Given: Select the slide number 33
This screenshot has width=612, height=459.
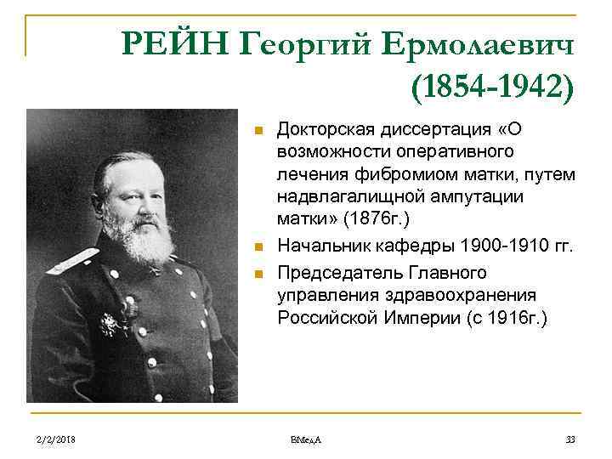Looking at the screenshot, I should [570, 439].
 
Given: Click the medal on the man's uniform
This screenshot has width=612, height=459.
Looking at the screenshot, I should [110, 324].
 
